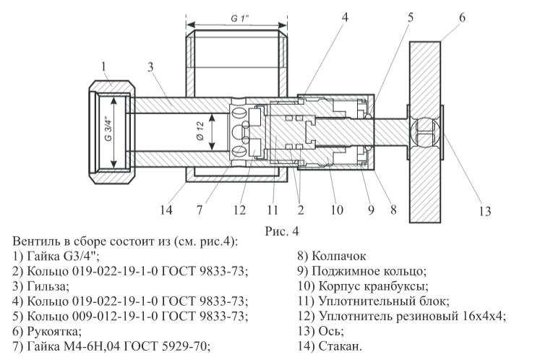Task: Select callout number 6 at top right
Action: click(463, 17)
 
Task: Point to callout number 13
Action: click(484, 211)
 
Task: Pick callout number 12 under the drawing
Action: click(238, 211)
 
